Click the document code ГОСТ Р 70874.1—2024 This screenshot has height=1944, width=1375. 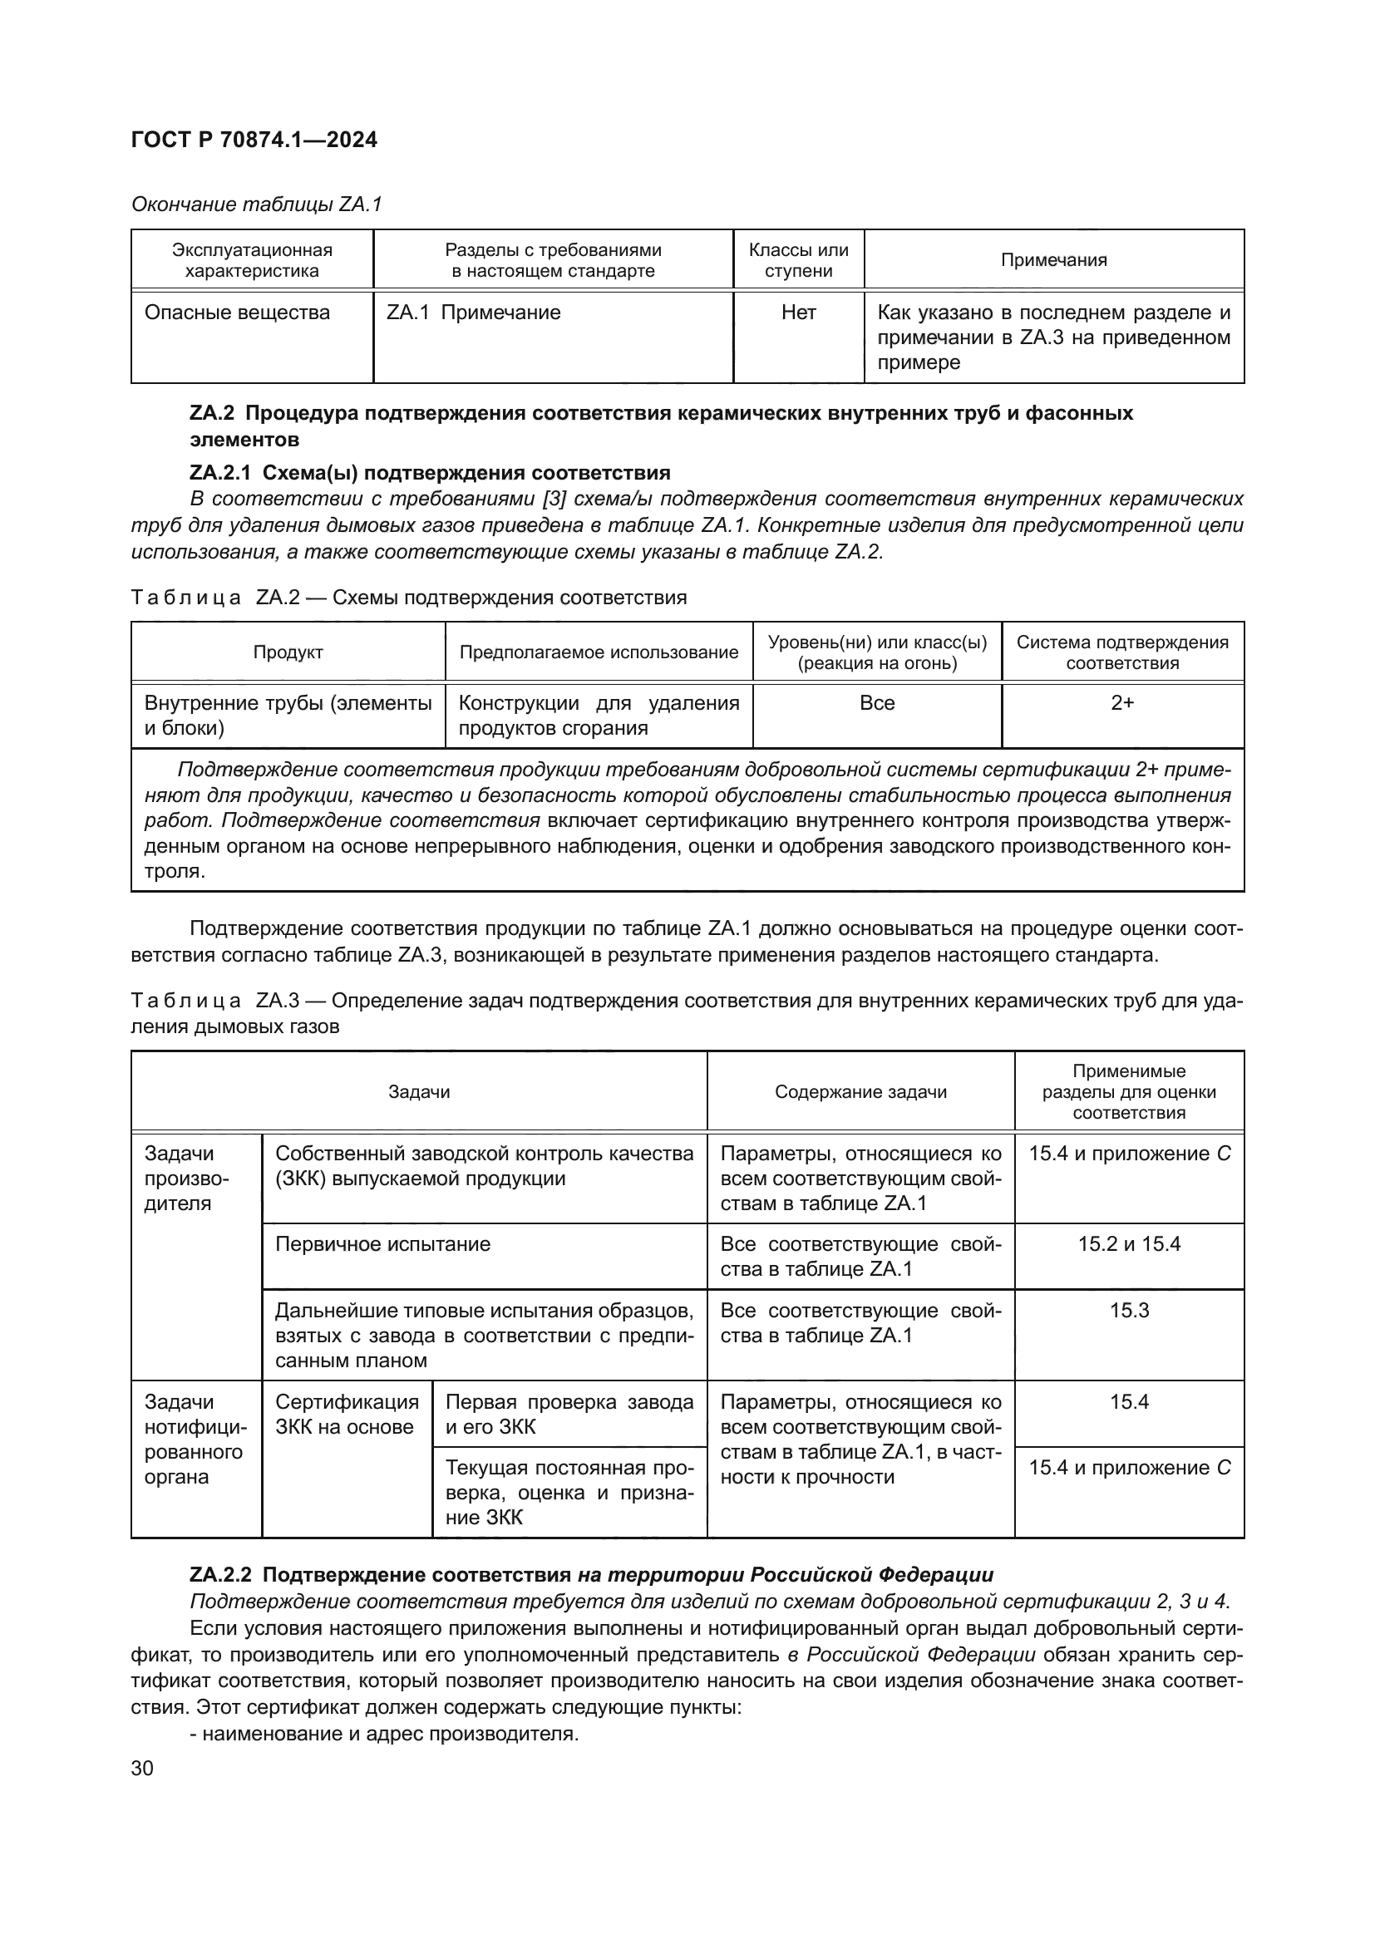click(x=254, y=140)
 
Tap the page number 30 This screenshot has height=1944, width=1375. click(x=142, y=1769)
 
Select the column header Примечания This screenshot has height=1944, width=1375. click(x=1053, y=260)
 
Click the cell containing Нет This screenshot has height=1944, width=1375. click(x=797, y=313)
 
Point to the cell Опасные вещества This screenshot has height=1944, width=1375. click(x=237, y=313)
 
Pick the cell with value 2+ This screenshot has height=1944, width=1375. click(x=1121, y=703)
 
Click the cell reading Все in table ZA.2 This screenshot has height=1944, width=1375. click(x=876, y=703)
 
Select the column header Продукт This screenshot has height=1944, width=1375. click(x=288, y=652)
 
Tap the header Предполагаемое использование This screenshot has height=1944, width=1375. click(x=599, y=652)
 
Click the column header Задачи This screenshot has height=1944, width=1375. click(x=418, y=1091)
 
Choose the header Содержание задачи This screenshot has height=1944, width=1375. click(x=860, y=1091)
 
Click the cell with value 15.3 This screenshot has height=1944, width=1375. click(x=1129, y=1311)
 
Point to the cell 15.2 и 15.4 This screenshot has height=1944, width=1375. click(x=1129, y=1244)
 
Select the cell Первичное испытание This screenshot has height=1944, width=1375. click(x=382, y=1244)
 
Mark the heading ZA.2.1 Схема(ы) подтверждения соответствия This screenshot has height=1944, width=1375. click(x=429, y=472)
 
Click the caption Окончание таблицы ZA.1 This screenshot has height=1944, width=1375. click(x=257, y=204)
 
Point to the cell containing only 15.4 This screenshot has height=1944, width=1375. click(x=1129, y=1402)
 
